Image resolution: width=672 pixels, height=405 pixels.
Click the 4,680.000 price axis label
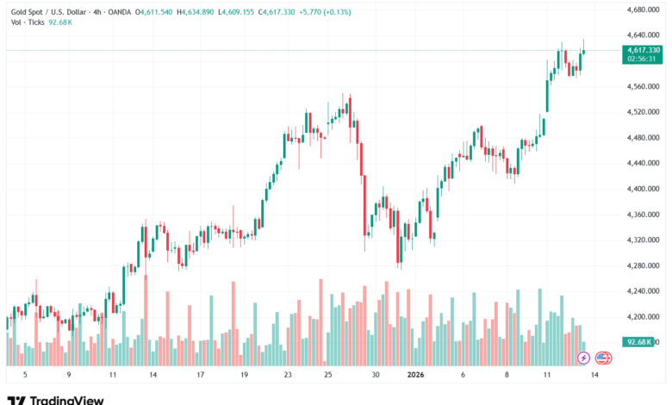click(641, 9)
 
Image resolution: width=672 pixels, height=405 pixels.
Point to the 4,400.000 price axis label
click(641, 189)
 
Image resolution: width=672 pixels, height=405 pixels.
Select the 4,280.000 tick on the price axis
click(641, 265)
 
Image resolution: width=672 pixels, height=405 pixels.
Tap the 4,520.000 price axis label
click(641, 112)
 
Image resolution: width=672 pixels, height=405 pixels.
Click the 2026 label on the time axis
click(415, 375)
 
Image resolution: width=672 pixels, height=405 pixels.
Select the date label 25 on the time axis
click(327, 375)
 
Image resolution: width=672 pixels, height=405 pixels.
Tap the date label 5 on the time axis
click(25, 375)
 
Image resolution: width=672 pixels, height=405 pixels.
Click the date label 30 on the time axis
click(376, 375)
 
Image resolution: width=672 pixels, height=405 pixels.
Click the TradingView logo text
click(66, 400)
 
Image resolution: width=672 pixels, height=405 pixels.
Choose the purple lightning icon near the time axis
click(583, 357)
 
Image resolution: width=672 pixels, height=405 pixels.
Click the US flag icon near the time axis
click(603, 357)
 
